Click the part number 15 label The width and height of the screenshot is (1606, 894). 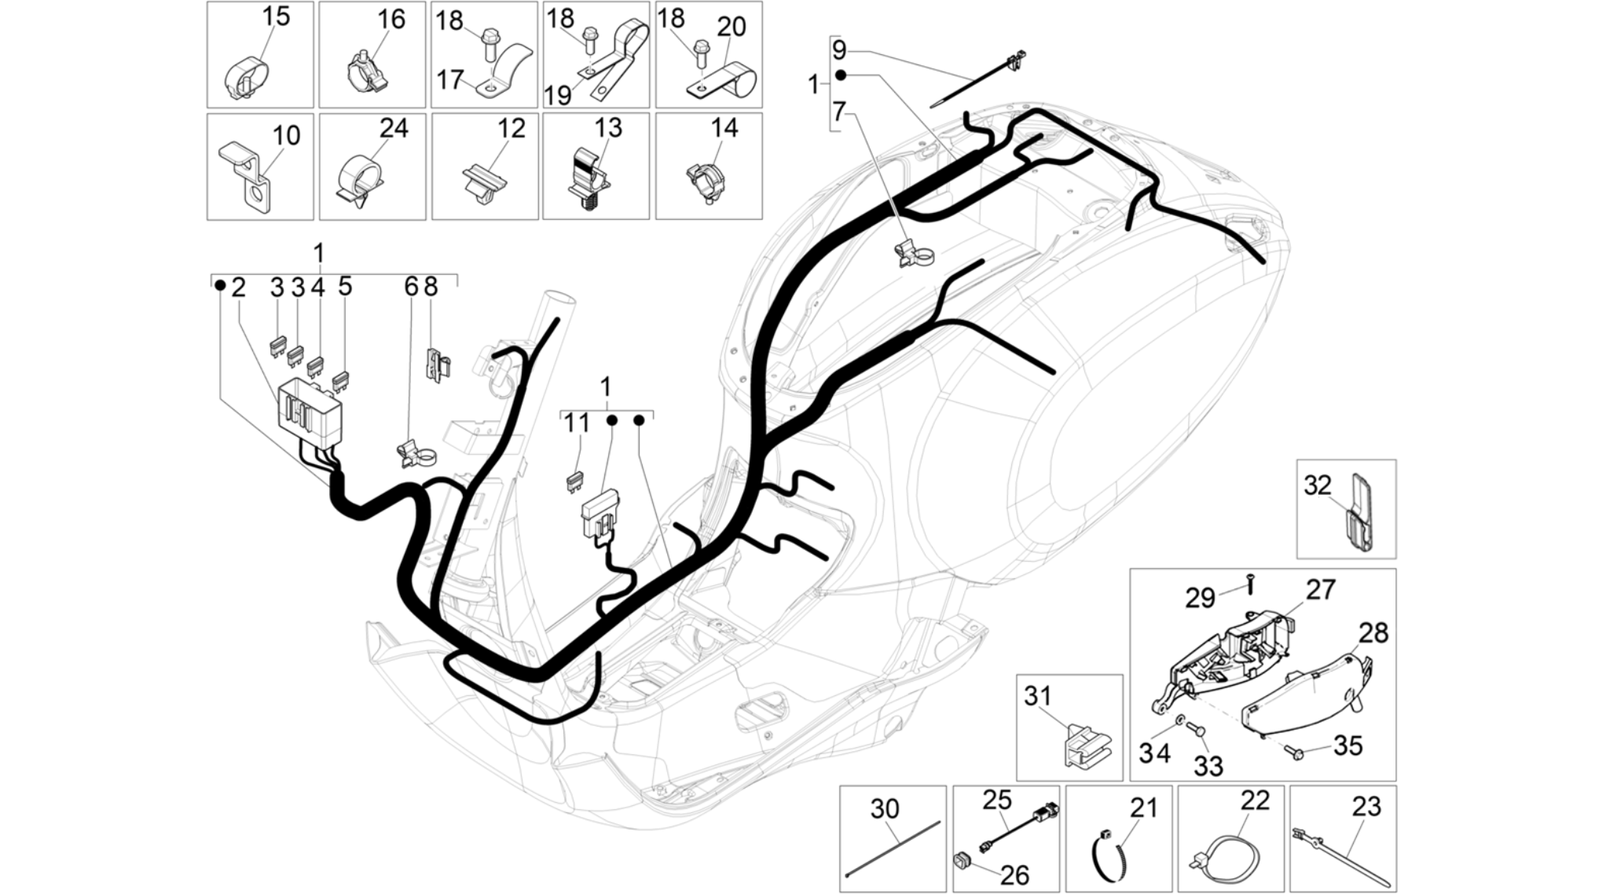click(276, 16)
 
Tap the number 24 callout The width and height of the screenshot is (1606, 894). click(394, 127)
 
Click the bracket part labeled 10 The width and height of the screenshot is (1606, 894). click(250, 177)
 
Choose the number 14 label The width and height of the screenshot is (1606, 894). click(724, 127)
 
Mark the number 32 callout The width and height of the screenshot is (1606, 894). click(1318, 485)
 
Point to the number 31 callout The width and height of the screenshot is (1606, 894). click(1038, 695)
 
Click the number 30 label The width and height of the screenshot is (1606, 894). click(885, 808)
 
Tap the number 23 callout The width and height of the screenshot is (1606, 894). click(1366, 806)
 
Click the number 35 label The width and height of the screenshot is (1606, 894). click(1348, 746)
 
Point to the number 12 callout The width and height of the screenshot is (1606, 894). click(511, 127)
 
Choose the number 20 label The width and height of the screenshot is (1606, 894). click(731, 27)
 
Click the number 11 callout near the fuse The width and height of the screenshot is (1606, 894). click(577, 423)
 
